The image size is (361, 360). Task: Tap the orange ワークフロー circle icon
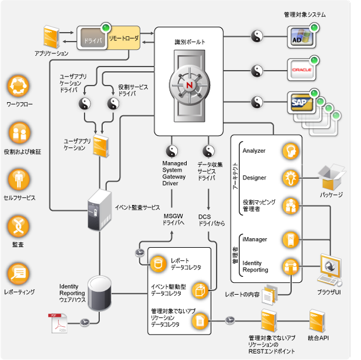18,87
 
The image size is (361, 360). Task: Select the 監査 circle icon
18,226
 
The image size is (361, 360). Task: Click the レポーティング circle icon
18,273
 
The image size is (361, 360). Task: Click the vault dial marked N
190,84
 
